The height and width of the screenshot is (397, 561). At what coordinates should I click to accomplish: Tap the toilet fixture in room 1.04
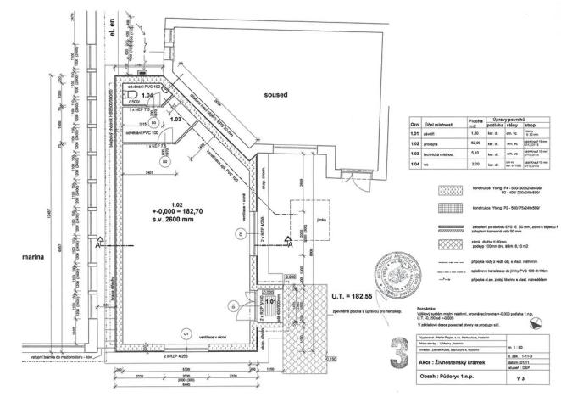click(x=121, y=96)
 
